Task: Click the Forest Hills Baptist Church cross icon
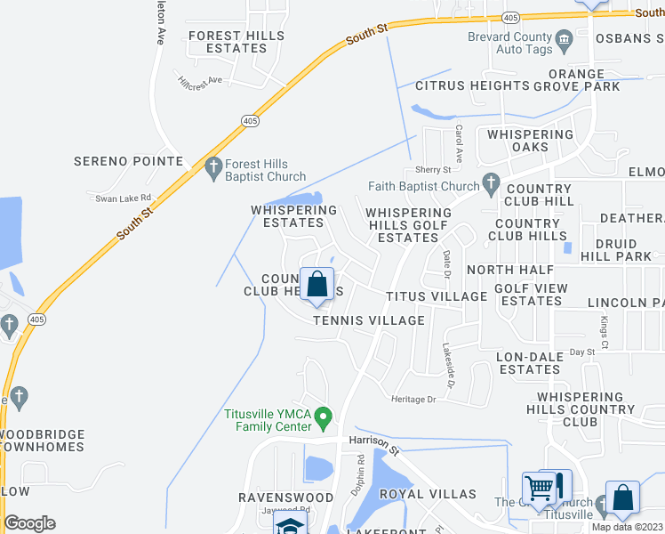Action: (213, 166)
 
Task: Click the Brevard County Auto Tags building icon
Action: (564, 40)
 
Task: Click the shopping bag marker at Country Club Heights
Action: (316, 285)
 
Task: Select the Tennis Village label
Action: (368, 320)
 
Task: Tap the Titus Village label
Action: (436, 296)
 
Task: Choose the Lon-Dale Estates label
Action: (529, 362)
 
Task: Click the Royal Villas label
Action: (428, 494)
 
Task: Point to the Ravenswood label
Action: (278, 497)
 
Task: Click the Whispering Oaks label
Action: (531, 141)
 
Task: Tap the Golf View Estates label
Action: (528, 294)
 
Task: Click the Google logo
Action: (30, 522)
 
